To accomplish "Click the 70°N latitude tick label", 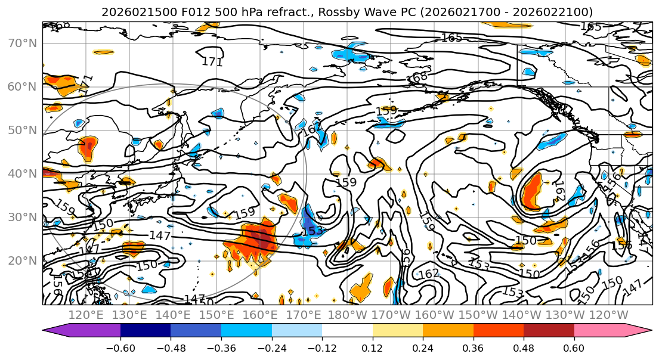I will click(23, 43).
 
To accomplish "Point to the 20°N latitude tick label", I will click(23, 260).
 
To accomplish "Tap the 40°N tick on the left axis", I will click(23, 173).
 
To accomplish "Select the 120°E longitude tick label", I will click(86, 315).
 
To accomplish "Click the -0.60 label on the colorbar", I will click(120, 348).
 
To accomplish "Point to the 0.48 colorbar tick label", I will click(524, 348).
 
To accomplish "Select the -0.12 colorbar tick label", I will click(322, 348).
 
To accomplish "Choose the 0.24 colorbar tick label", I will click(423, 348).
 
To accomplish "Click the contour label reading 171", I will click(212, 61).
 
